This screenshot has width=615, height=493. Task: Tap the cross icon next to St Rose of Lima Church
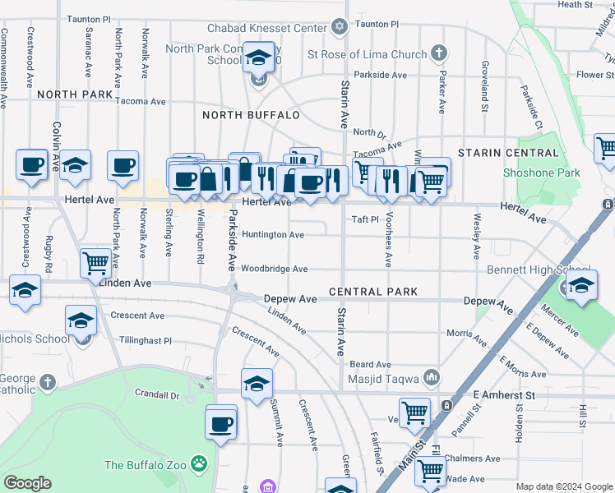(439, 54)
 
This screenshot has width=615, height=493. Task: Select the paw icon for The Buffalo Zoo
(199, 465)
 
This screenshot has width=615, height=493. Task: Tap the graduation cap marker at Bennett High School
(580, 285)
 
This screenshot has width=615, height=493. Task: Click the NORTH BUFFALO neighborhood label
(251, 115)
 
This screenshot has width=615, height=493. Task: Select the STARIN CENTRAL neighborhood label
(508, 153)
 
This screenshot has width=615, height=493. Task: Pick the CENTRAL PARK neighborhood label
(373, 292)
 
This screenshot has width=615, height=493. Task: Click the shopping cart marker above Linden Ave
(95, 263)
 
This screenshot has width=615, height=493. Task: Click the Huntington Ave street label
(273, 235)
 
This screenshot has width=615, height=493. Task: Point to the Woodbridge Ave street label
(275, 269)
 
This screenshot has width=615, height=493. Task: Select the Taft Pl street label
(365, 219)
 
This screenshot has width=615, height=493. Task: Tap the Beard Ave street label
(370, 364)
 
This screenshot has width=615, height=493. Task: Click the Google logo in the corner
(28, 482)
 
